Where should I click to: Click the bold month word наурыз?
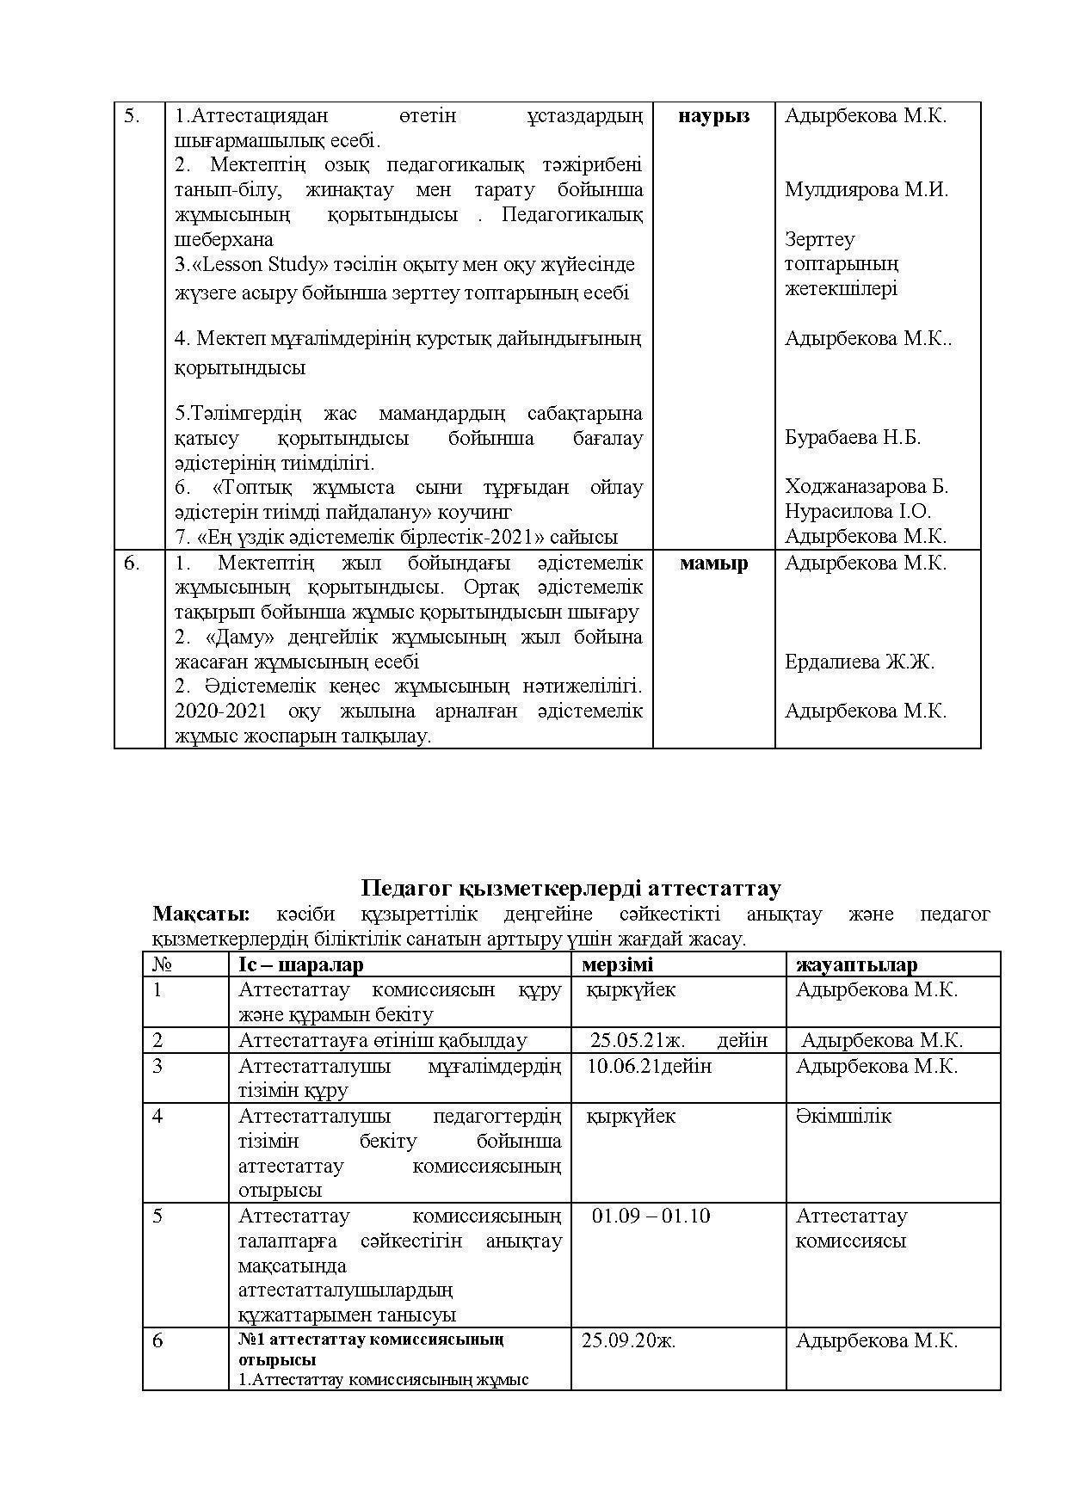713,116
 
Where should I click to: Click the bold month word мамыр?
713,564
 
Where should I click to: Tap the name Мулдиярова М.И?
866,190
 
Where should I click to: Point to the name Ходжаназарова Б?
866,487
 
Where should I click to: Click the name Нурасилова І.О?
857,511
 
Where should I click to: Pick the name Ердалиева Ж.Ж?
859,662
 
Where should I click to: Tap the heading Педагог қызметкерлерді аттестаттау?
571,888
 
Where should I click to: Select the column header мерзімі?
617,964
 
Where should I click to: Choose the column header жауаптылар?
856,964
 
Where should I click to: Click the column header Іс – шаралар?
300,964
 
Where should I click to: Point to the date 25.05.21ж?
638,1040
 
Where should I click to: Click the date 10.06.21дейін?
649,1066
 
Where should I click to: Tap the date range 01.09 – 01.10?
651,1216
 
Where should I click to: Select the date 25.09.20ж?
628,1340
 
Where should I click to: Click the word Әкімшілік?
843,1116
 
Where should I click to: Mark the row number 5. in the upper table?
132,116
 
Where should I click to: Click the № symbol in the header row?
159,964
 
